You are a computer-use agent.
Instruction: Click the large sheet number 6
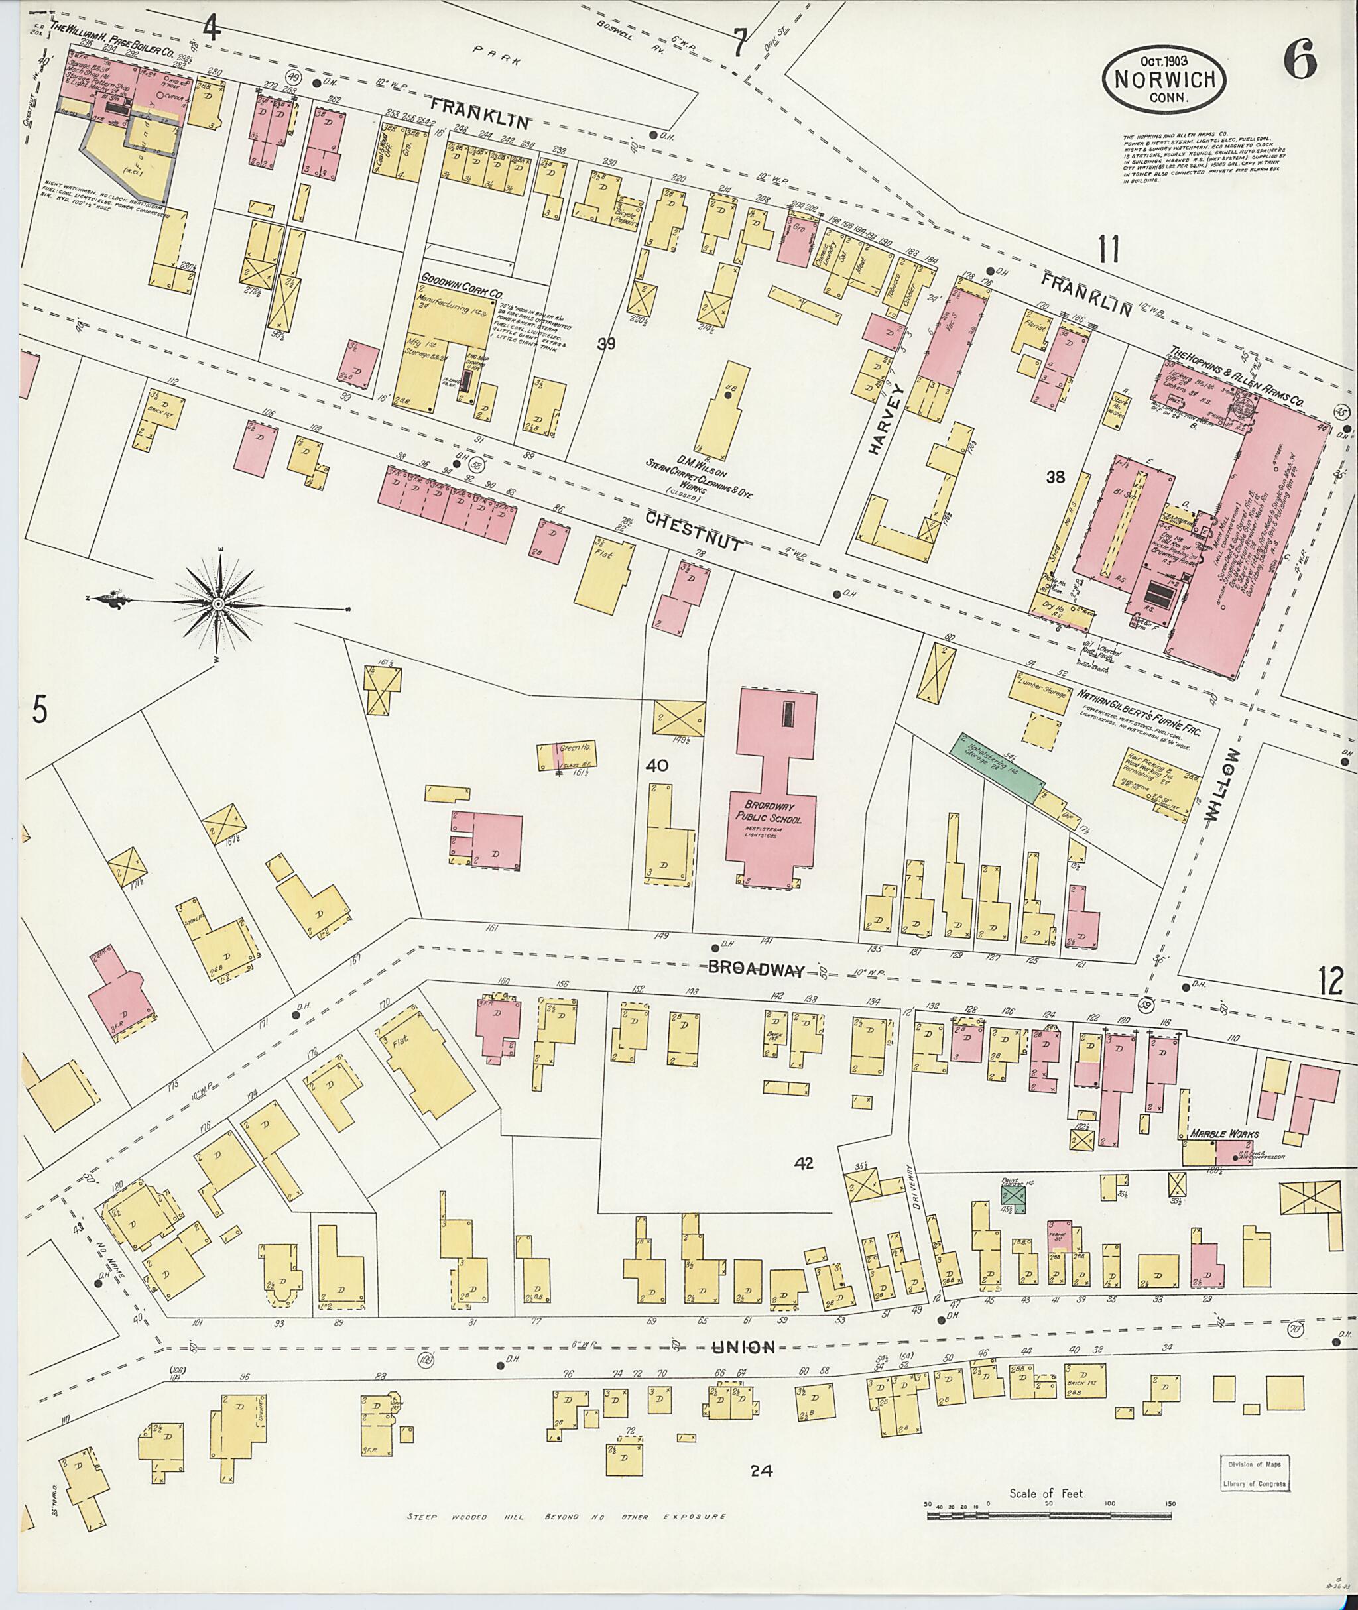click(1300, 58)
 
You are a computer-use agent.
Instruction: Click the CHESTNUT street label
click(694, 531)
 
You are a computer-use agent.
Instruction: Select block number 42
click(805, 1163)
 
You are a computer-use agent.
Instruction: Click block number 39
click(607, 344)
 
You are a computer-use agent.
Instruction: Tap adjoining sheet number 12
click(1330, 981)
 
